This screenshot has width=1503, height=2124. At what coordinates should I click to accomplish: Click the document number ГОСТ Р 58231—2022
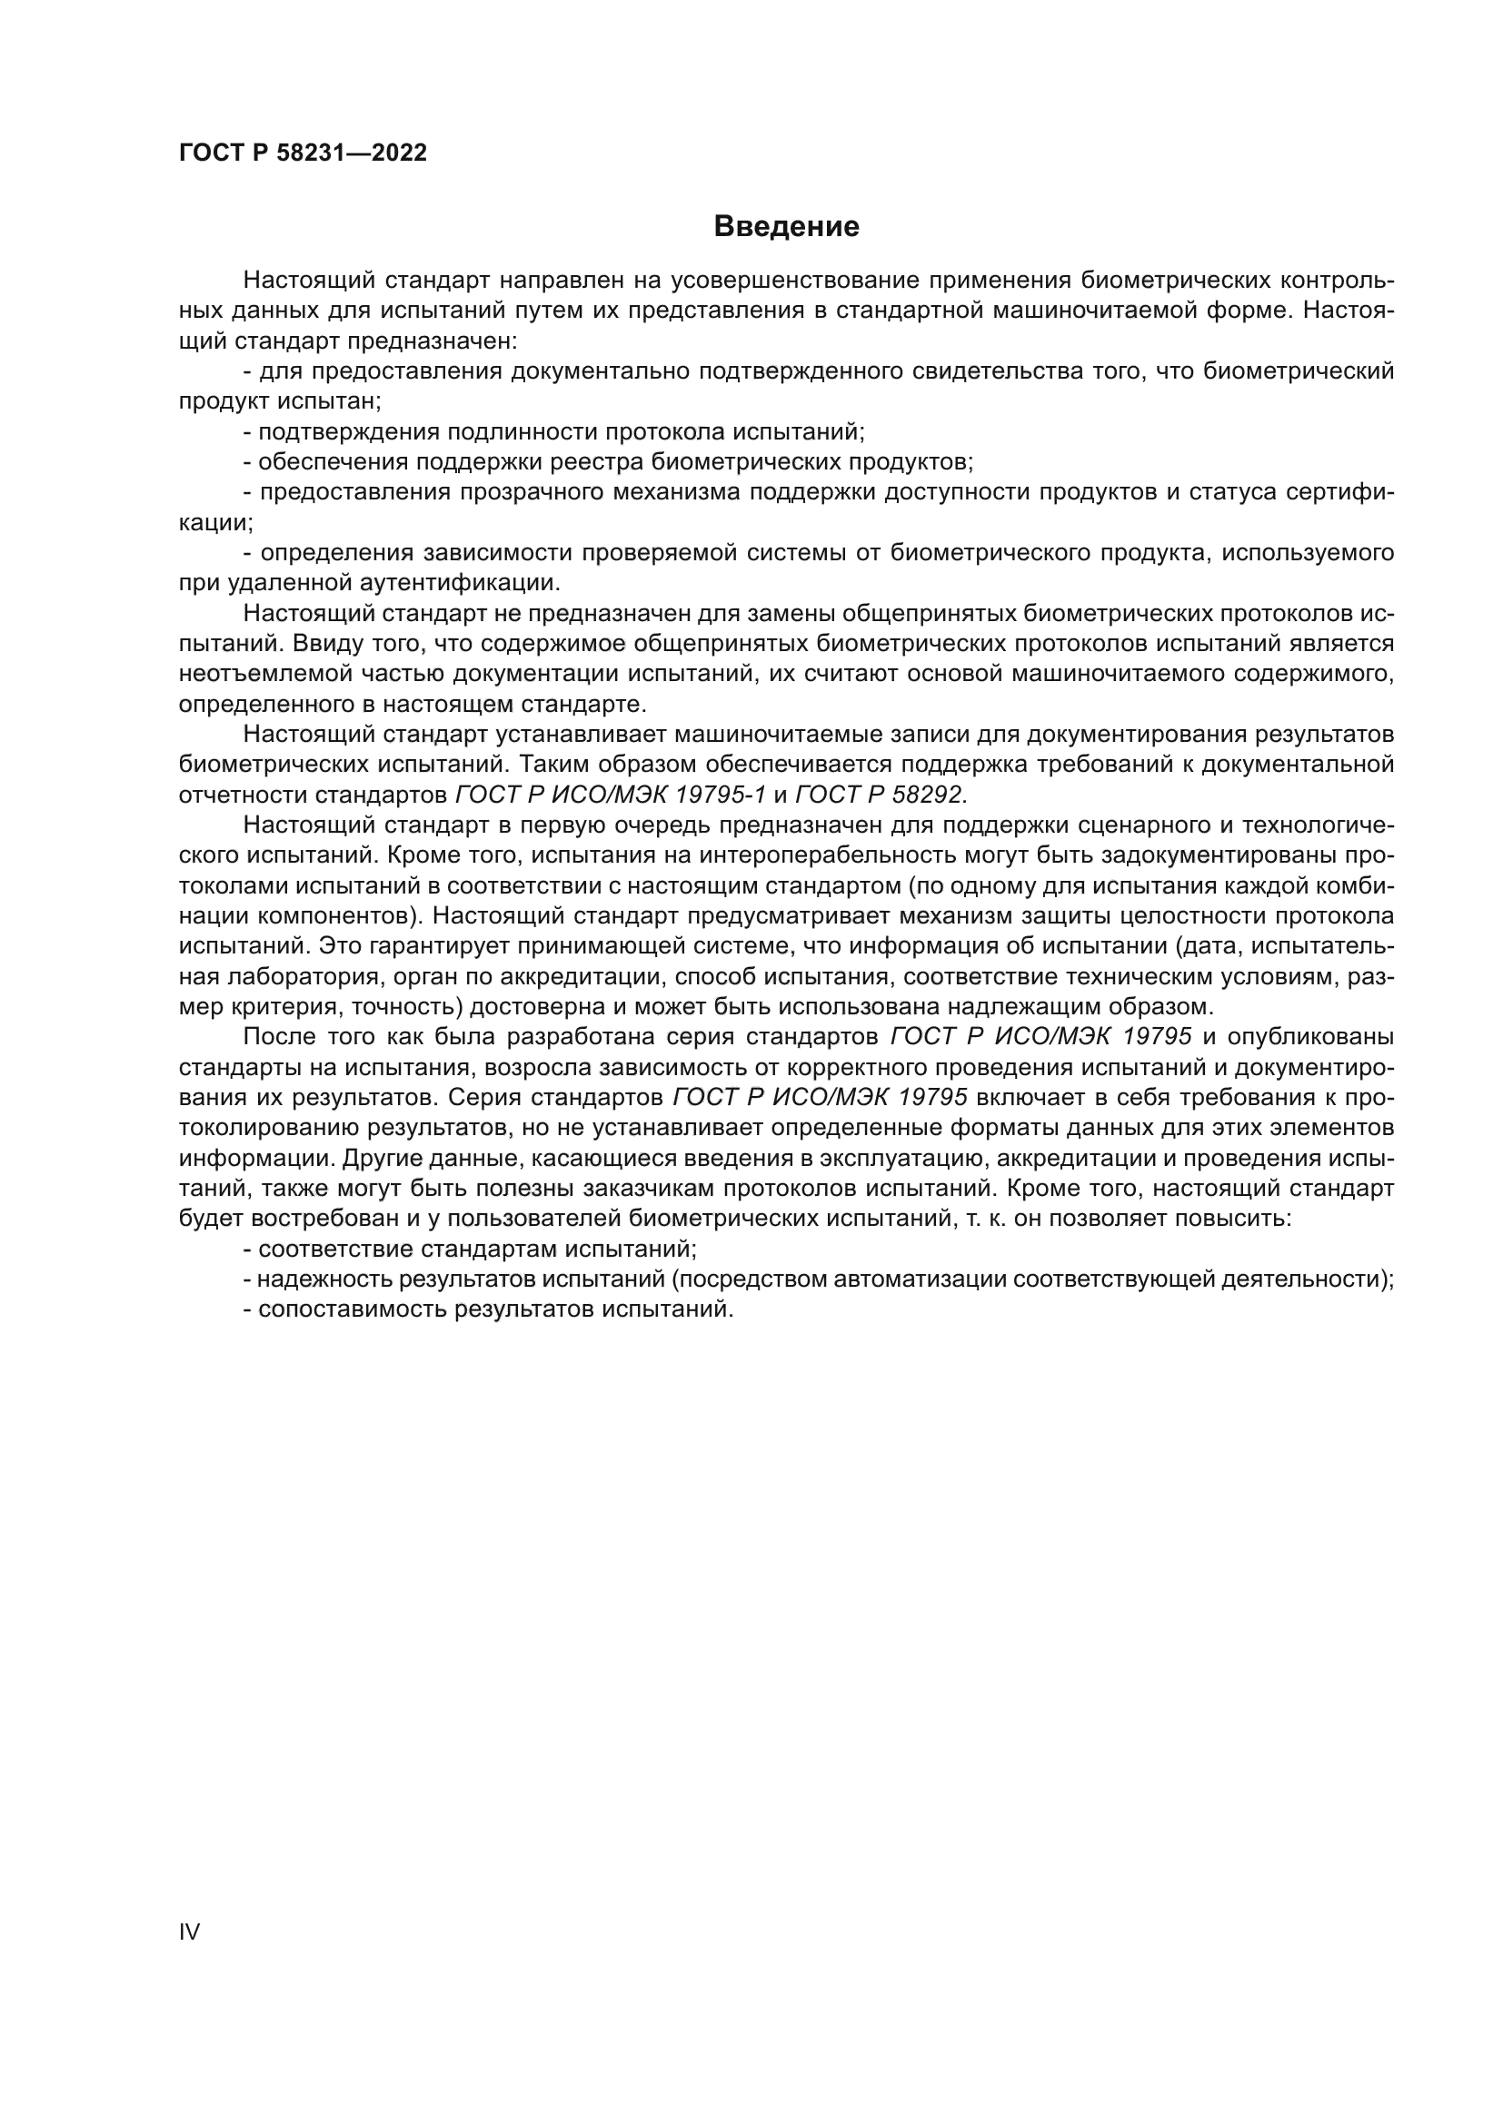pos(303,153)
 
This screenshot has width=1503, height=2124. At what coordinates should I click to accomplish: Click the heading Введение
pos(786,227)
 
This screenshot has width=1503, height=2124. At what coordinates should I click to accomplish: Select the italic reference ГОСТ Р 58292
pos(880,795)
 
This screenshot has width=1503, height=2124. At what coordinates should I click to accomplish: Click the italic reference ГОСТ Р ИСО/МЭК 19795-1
pos(611,795)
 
